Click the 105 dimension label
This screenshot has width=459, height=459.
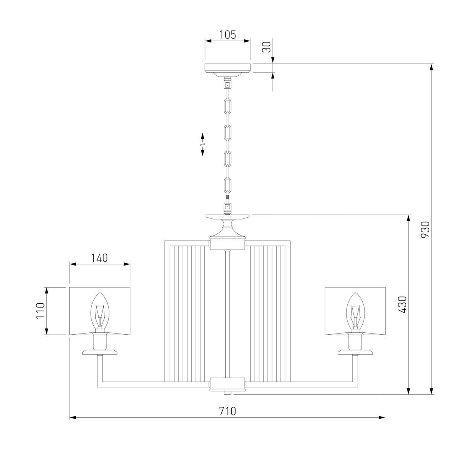228,35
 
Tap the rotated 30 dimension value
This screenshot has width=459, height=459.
266,47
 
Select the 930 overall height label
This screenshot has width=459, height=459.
425,230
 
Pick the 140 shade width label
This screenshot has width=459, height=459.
99,258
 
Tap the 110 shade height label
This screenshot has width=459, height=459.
41,311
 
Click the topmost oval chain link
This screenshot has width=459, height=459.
228,106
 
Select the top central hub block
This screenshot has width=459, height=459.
228,243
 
